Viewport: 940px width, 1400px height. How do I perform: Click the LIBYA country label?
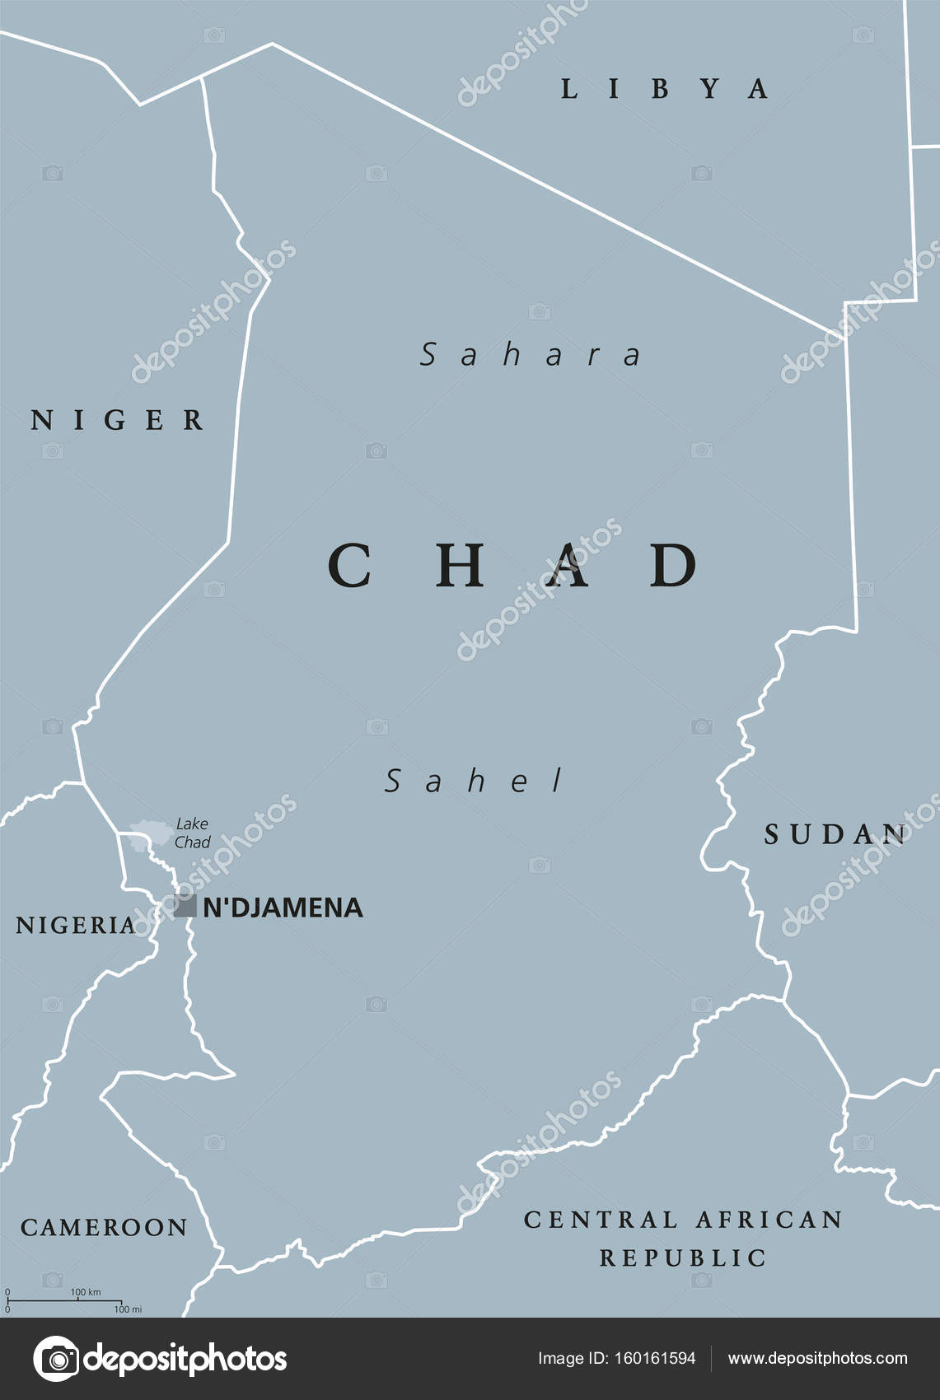point(664,89)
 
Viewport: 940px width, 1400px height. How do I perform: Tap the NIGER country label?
point(118,420)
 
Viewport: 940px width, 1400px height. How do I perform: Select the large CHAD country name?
point(513,566)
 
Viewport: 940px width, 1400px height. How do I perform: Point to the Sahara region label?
point(531,355)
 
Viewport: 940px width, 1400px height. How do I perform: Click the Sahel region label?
point(475,781)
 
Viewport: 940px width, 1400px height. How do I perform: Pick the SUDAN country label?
point(835,834)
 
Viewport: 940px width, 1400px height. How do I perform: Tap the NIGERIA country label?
point(76,925)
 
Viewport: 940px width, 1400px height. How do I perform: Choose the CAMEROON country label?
point(104,1227)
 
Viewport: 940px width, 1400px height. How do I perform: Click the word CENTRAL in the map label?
point(601,1219)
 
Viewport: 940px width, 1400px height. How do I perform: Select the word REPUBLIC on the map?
point(683,1258)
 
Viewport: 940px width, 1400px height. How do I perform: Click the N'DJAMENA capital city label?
point(283,908)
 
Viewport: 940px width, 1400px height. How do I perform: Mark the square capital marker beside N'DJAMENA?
point(185,907)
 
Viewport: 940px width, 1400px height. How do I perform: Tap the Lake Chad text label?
point(192,833)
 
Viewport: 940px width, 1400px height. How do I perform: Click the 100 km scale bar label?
point(86,1291)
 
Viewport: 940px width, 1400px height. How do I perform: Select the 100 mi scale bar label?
point(128,1309)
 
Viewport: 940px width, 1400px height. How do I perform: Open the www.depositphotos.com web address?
point(817,1358)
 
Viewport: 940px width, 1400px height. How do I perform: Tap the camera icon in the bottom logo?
point(56,1359)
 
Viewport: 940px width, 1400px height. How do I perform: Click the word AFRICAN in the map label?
point(769,1219)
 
